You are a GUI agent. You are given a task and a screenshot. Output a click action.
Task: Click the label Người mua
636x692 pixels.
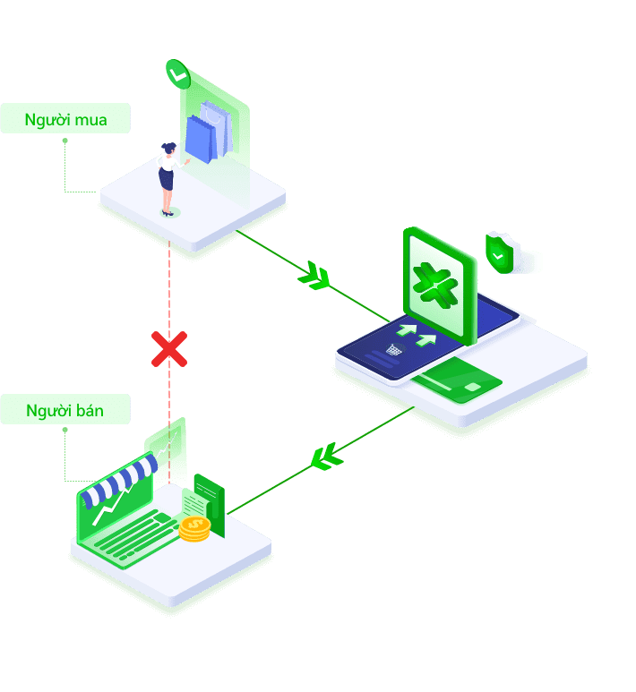tap(65, 119)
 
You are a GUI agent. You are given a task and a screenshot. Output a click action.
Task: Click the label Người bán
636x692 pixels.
tap(65, 410)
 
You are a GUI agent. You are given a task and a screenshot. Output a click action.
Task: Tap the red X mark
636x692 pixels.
tap(168, 348)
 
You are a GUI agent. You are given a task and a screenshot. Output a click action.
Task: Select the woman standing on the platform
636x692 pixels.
tap(167, 178)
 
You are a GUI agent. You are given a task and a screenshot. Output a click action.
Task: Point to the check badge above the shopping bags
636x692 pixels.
tap(178, 74)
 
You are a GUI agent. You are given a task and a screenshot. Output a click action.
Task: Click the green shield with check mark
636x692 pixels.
tap(499, 252)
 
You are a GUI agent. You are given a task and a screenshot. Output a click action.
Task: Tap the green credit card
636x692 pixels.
tap(460, 380)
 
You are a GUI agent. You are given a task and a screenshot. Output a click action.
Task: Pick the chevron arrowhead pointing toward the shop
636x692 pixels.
tap(326, 457)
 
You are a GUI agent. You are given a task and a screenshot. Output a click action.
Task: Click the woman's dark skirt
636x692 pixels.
tap(166, 178)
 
